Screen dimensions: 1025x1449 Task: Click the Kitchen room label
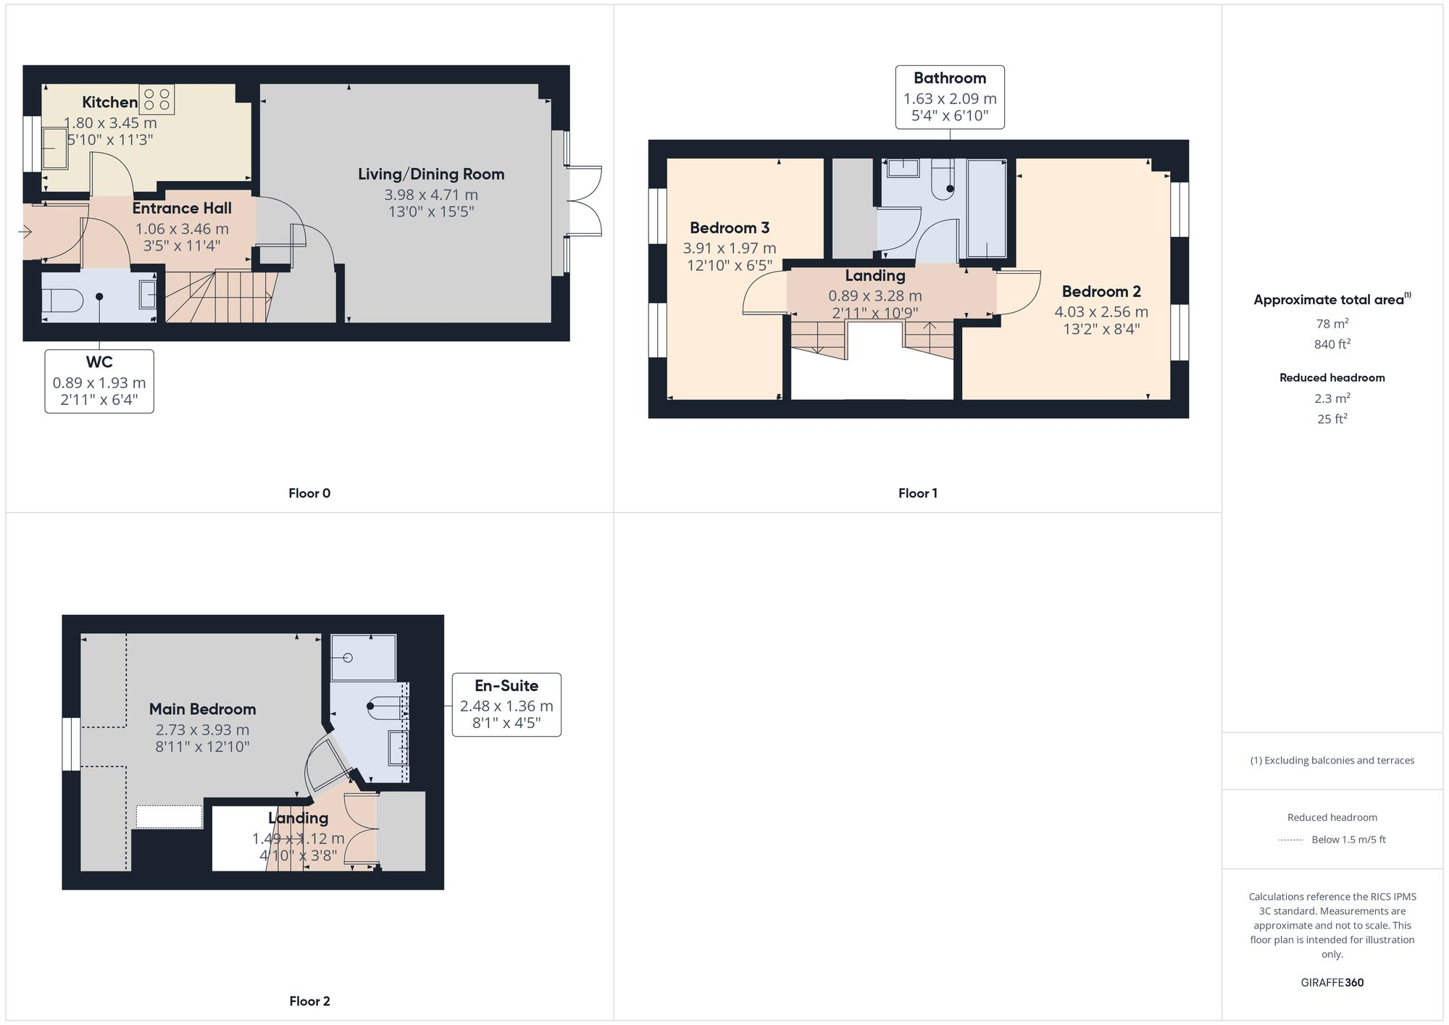109,102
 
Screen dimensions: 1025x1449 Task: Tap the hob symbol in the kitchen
157,99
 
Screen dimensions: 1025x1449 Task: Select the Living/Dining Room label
431,174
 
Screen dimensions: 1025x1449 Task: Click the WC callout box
99,381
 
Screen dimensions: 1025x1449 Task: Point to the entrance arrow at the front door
25,232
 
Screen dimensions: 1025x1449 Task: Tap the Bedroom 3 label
730,227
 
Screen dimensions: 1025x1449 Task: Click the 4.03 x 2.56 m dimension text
1101,311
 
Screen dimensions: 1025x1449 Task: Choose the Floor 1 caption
917,493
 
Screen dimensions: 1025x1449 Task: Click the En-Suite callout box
506,704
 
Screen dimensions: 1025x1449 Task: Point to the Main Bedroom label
202,709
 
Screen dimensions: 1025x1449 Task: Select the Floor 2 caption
309,1001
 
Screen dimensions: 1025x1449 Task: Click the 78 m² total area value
1332,324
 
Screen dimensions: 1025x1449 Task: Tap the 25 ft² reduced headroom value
1332,419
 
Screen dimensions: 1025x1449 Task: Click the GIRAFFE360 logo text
1332,982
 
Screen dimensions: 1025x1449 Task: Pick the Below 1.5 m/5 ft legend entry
1348,840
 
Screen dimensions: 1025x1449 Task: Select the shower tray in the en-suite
363,657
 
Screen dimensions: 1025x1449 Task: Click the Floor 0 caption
309,493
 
